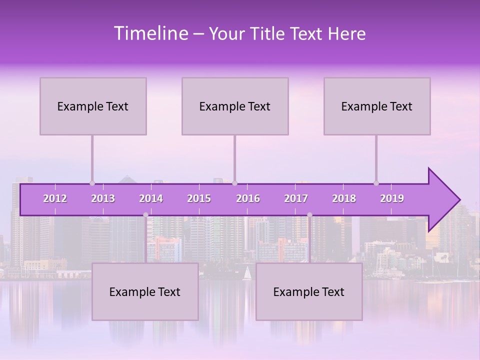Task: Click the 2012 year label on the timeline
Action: [55, 198]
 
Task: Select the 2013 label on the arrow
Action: [103, 198]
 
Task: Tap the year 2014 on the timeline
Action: [151, 198]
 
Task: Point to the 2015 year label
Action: [199, 198]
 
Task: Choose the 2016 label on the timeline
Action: [248, 198]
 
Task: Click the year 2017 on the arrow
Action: [296, 198]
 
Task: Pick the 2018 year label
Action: [344, 198]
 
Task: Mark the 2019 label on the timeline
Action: [392, 198]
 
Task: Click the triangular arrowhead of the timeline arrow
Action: [443, 199]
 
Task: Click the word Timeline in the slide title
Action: [150, 33]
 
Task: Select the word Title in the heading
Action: [268, 33]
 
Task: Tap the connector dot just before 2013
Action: [92, 183]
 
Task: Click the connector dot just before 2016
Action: [234, 183]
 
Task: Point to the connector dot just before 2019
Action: [376, 183]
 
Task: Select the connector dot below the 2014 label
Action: [145, 215]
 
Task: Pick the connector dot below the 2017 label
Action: [309, 215]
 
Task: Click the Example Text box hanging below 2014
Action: [145, 291]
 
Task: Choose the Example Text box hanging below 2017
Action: [309, 291]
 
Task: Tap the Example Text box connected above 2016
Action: [235, 106]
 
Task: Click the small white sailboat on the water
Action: [246, 273]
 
